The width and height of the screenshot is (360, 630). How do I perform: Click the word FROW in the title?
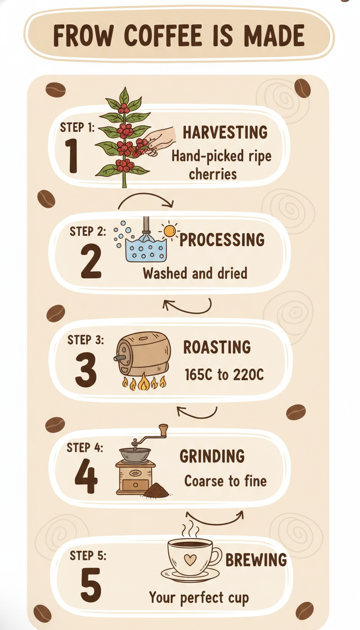point(83,36)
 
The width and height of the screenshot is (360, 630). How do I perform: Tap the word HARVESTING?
point(225,133)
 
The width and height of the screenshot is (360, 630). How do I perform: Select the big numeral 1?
point(71,155)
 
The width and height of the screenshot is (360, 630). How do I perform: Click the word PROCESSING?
point(222,240)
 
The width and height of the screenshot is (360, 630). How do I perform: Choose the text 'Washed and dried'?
point(195,273)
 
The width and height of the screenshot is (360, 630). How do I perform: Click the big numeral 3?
point(86,369)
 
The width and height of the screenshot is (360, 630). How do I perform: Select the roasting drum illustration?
point(143,354)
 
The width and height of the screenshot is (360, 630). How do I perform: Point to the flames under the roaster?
point(144,382)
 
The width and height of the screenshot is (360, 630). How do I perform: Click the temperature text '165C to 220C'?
point(224,375)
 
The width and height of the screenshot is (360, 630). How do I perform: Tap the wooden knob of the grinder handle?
point(163,430)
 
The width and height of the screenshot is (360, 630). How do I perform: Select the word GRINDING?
point(212,456)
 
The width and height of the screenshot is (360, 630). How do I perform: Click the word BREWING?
point(256,560)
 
